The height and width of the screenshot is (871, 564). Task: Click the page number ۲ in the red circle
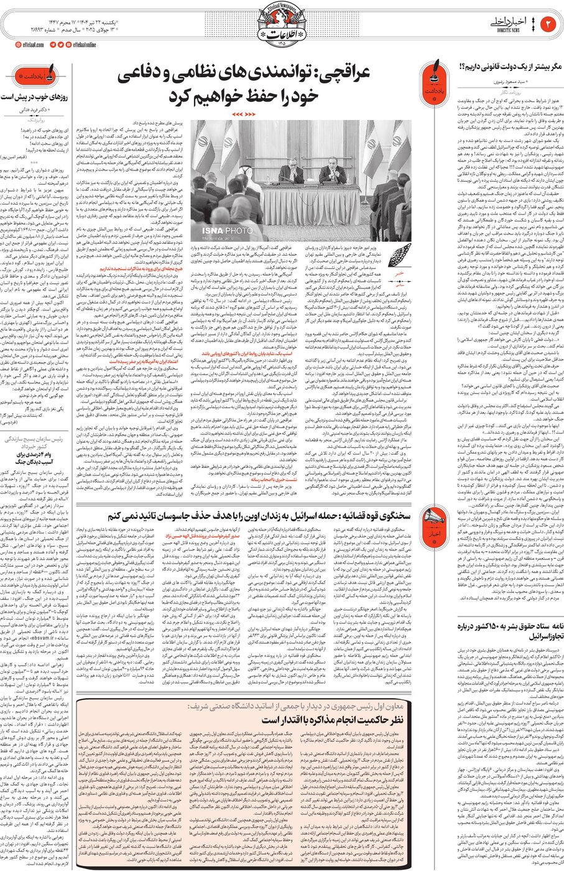click(550, 24)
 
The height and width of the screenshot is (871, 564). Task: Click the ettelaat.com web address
click(29, 45)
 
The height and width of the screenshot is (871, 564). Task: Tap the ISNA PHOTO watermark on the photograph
click(228, 231)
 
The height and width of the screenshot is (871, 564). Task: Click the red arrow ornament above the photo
click(242, 115)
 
